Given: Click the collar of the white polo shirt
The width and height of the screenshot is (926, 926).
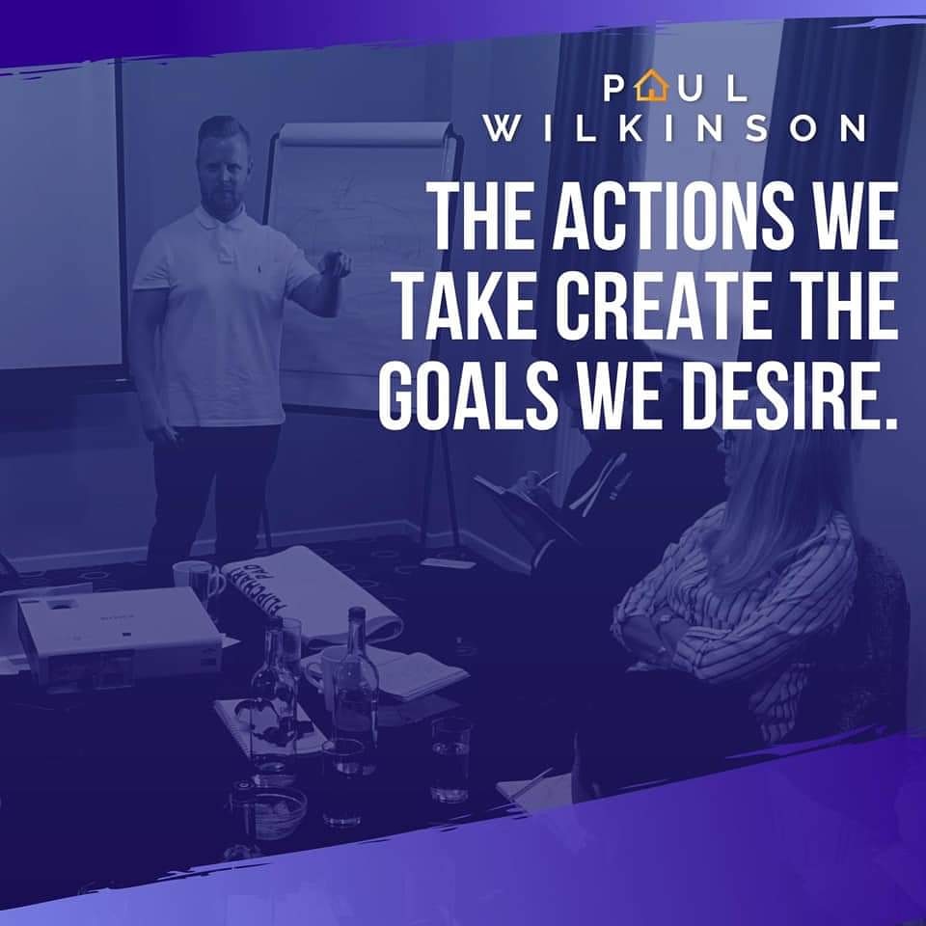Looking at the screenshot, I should [x=222, y=217].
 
